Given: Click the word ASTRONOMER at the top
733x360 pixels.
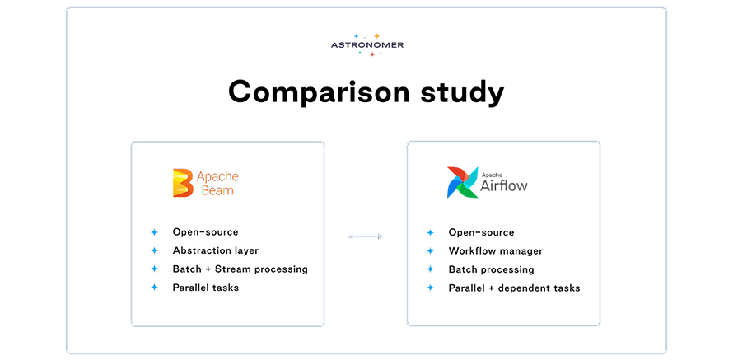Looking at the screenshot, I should [367, 45].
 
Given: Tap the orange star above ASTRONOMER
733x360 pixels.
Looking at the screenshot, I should [376, 36].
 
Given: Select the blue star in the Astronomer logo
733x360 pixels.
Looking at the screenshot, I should [356, 36].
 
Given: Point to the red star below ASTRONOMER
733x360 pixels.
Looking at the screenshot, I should [371, 54].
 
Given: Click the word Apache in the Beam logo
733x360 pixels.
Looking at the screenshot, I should [217, 176].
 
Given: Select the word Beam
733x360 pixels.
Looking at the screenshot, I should [217, 190].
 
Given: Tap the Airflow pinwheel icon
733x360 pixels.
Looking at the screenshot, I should [462, 182].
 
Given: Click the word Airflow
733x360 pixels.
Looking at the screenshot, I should [503, 186].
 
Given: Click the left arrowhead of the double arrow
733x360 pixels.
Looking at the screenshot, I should [352, 236].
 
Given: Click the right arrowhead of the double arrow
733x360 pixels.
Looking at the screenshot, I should [380, 236].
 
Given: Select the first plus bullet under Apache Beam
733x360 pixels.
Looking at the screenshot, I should [154, 232].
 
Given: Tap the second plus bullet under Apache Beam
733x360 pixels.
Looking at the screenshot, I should [154, 250].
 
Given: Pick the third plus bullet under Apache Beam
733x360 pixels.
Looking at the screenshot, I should [154, 269].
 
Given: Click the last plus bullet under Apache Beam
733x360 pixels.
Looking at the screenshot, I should [154, 287].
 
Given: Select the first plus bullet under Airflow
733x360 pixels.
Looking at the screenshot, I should [430, 232].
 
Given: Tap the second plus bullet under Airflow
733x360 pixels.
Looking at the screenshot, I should [430, 250].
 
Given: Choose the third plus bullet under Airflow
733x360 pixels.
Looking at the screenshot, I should [430, 269].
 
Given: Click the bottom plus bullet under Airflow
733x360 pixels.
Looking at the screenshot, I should [430, 287].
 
